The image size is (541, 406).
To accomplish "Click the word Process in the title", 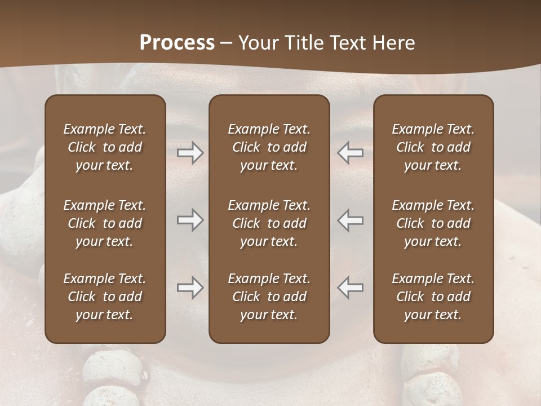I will pyautogui.click(x=177, y=43).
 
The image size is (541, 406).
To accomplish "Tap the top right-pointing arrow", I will pyautogui.click(x=190, y=153).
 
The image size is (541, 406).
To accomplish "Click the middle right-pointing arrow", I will pyautogui.click(x=190, y=220).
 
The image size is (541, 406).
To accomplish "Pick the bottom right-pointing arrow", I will pyautogui.click(x=190, y=288).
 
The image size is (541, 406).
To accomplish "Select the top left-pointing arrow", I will pyautogui.click(x=351, y=153).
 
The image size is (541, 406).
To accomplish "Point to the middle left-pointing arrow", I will pyautogui.click(x=351, y=220).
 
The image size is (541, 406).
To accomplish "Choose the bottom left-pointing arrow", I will pyautogui.click(x=351, y=288).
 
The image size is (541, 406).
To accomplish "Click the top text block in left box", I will pyautogui.click(x=105, y=147).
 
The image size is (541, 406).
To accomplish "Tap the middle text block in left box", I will pyautogui.click(x=105, y=223).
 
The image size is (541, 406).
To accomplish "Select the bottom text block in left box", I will pyautogui.click(x=105, y=297).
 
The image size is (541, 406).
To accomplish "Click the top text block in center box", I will pyautogui.click(x=269, y=147).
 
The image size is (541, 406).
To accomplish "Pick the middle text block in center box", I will pyautogui.click(x=269, y=223).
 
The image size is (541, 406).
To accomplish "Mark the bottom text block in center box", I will pyautogui.click(x=269, y=297).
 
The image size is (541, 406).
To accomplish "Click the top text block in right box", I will pyautogui.click(x=433, y=147).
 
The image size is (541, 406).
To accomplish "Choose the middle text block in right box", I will pyautogui.click(x=433, y=223).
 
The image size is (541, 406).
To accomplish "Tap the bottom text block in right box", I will pyautogui.click(x=433, y=297).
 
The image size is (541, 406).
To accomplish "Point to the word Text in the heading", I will pyautogui.click(x=346, y=43).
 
